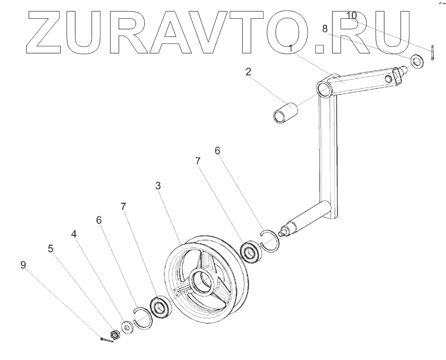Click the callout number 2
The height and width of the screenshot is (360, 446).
tap(249, 72)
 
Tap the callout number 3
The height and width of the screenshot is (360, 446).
tap(158, 186)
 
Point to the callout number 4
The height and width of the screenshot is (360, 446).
tap(74, 235)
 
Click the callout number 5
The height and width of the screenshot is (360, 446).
tap(51, 249)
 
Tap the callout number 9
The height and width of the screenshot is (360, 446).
tap(23, 265)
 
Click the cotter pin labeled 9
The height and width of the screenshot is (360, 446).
tap(106, 340)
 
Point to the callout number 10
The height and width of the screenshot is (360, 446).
tap(351, 15)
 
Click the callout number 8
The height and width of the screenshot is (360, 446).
tap(324, 29)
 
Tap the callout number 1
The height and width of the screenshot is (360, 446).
tap(291, 48)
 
